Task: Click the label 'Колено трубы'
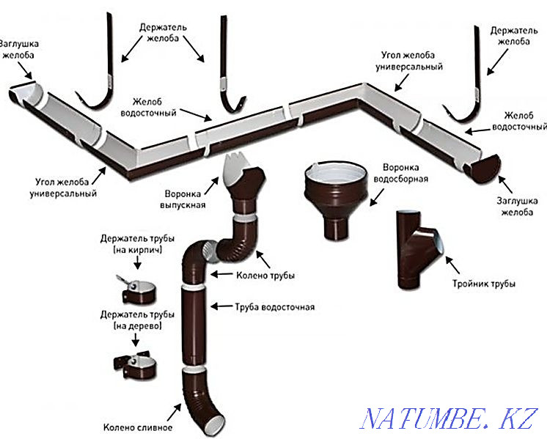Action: click(x=266, y=276)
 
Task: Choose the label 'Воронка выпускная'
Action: click(x=183, y=200)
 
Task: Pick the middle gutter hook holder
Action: click(x=229, y=73)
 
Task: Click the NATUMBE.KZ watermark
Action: click(x=449, y=416)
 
